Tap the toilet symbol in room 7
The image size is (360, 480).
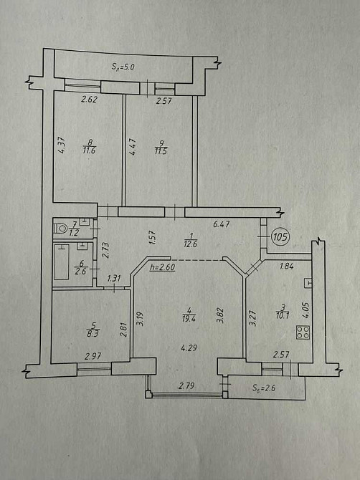[60, 228]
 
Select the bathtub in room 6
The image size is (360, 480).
[61, 261]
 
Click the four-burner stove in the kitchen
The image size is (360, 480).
[303, 332]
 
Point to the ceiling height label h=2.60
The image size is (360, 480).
[162, 267]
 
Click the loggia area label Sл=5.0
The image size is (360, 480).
[123, 67]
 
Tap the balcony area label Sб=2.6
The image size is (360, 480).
[264, 388]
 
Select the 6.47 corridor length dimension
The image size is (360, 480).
[221, 224]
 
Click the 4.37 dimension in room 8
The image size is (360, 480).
[61, 145]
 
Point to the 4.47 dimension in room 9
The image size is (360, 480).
[133, 147]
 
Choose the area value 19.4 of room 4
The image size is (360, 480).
[189, 318]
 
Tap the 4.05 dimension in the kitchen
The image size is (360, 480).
[305, 311]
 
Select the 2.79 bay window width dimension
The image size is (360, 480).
[186, 385]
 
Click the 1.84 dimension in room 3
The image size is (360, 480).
[287, 267]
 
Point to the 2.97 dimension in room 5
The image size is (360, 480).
[93, 356]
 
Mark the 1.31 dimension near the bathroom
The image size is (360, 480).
[114, 278]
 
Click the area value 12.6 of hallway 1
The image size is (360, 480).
[190, 244]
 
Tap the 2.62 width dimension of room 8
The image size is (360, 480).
[89, 100]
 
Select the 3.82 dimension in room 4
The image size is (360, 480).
[221, 317]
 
